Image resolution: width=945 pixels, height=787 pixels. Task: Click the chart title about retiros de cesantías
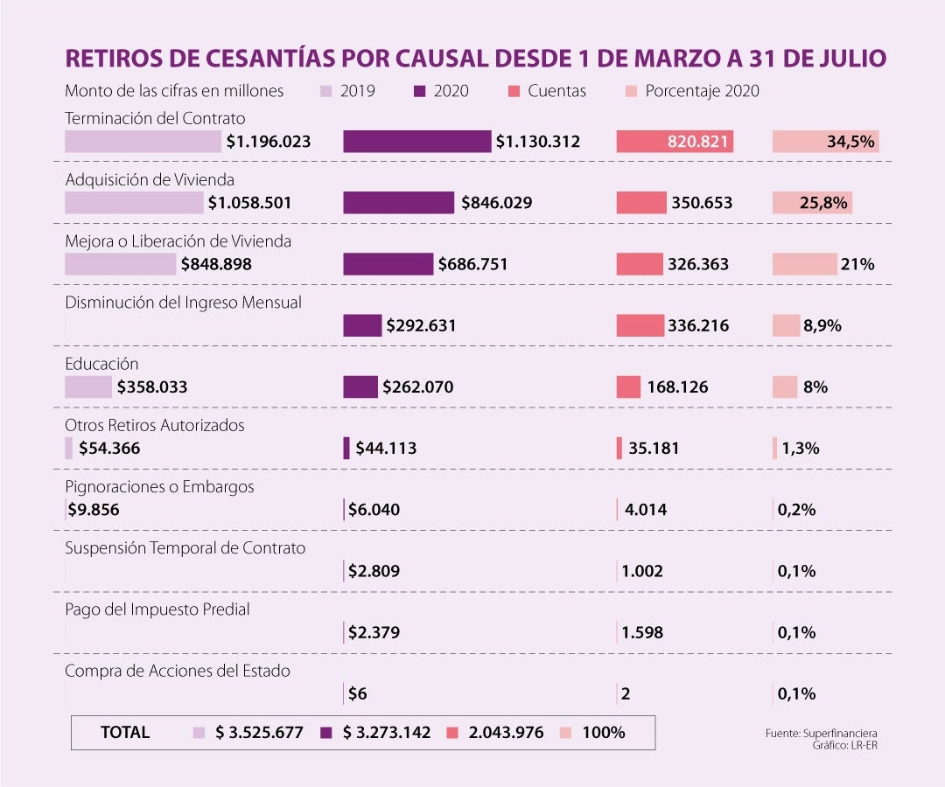coord(476,59)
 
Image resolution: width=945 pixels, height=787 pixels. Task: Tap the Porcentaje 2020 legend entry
coord(692,91)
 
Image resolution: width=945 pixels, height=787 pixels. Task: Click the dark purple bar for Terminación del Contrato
coord(416,142)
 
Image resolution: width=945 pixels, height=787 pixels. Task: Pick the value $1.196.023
coord(269,142)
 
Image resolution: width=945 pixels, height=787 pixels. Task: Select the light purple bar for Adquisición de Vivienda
coord(134,203)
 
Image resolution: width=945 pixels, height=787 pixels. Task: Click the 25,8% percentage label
coord(823,203)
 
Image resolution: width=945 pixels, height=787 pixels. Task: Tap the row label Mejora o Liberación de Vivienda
coord(178,241)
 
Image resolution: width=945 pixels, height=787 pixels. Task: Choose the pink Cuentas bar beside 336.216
coord(640,325)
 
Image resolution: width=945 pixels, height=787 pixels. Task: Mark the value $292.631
coord(421,325)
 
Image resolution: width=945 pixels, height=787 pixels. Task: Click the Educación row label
coord(101,364)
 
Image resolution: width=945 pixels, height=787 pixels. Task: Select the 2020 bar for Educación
coord(360,387)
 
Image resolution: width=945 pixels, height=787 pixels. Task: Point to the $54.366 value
coord(109,449)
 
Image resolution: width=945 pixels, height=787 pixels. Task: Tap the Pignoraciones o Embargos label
coord(159,487)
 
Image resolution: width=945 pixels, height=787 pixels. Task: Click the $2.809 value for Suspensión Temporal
coord(374,571)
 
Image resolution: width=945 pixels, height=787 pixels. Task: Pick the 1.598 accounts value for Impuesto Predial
coord(642,632)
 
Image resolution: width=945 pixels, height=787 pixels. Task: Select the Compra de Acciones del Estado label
coord(178,671)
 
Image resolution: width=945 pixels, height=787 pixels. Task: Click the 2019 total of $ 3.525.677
coord(259,733)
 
